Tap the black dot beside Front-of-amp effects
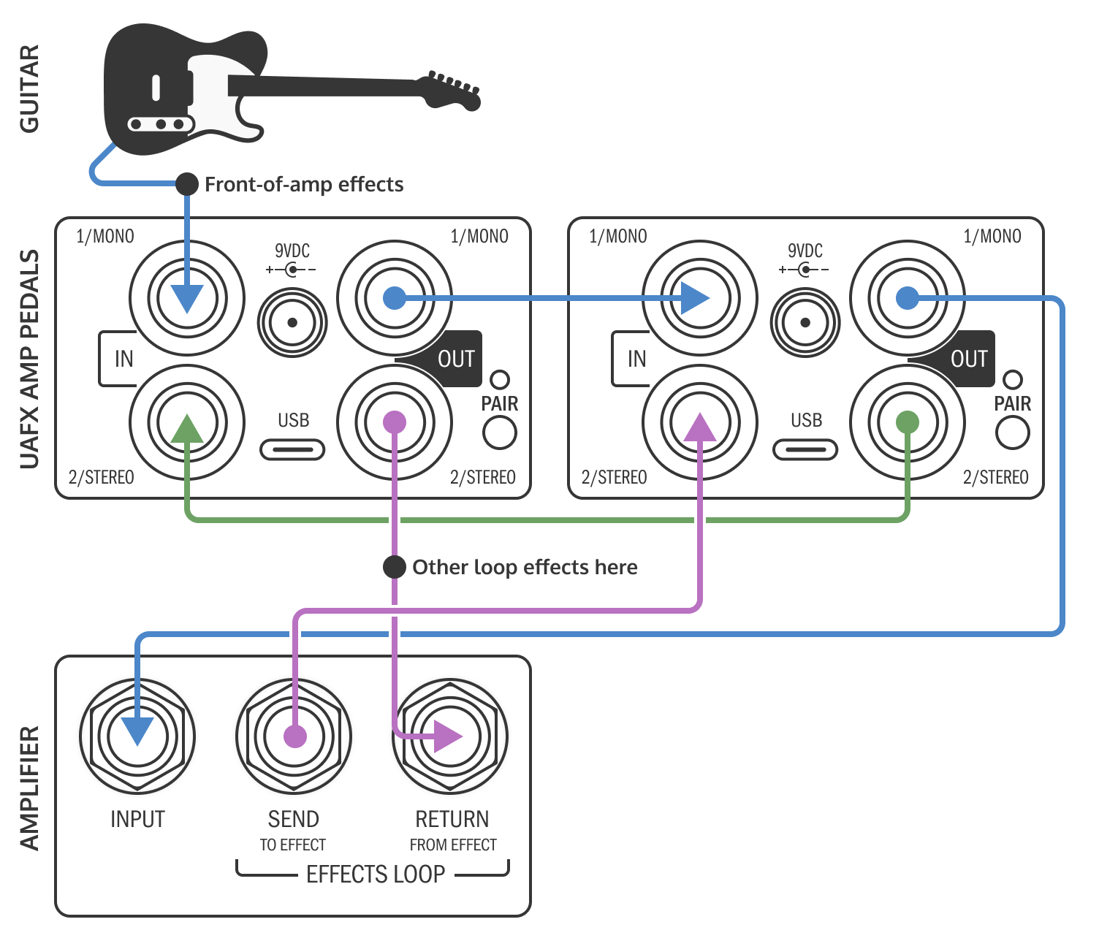187,184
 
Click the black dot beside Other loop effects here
395,567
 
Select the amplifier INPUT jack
137,736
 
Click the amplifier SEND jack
294,736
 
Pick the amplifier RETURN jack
450,736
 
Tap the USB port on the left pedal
292,449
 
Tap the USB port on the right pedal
805,449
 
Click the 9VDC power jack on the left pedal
292,322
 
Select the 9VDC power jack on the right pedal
805,322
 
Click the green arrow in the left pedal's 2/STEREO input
187,430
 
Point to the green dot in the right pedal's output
907,422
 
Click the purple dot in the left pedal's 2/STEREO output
395,422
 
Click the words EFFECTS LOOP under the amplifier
376,875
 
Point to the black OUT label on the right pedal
968,359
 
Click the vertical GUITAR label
29,89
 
